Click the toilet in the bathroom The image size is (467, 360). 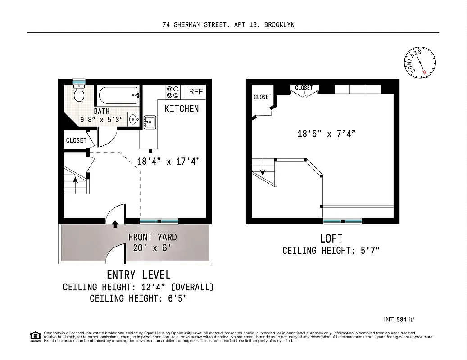click(x=79, y=94)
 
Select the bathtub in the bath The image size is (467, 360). click(x=118, y=95)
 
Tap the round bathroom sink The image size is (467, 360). click(x=133, y=119)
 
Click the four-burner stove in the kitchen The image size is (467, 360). click(x=173, y=92)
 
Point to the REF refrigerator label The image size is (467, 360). click(x=196, y=92)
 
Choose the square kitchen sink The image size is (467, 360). click(x=149, y=122)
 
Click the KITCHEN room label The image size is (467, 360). click(x=181, y=108)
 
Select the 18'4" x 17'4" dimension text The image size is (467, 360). click(x=168, y=161)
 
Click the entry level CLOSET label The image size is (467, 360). click(x=76, y=140)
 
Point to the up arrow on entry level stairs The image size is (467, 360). click(x=76, y=180)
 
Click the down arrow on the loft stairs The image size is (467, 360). click(x=263, y=171)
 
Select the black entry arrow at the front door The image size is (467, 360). click(x=115, y=223)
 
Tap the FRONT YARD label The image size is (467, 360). click(x=152, y=237)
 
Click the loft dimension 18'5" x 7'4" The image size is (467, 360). click(x=326, y=134)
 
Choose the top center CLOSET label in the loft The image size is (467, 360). click(x=304, y=88)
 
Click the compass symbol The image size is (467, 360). click(x=419, y=62)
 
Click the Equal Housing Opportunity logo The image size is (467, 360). click(x=35, y=336)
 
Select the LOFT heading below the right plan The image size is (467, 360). click(x=331, y=238)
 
